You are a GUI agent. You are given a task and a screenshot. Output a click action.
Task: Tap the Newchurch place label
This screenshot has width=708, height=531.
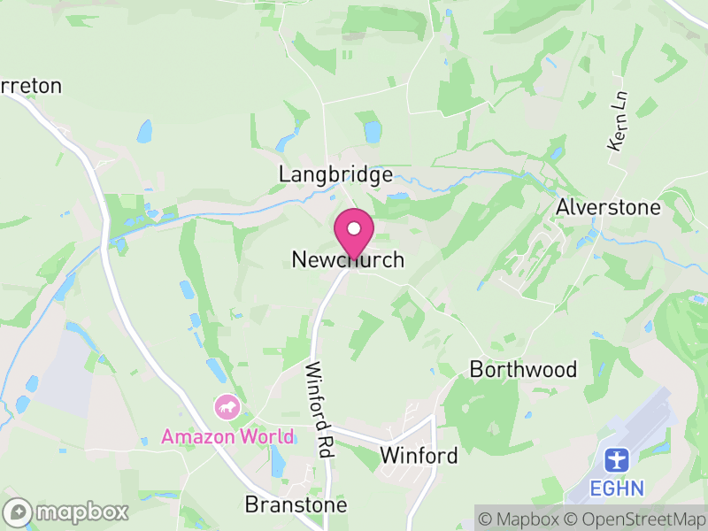(x=348, y=260)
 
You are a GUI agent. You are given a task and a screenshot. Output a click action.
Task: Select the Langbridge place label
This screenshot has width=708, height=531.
(x=335, y=174)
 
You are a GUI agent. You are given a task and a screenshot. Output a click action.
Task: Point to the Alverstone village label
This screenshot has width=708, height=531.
(x=608, y=207)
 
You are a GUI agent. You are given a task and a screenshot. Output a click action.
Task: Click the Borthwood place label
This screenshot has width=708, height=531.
(x=523, y=369)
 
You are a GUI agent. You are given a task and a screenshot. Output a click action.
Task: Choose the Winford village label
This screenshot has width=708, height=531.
(x=419, y=456)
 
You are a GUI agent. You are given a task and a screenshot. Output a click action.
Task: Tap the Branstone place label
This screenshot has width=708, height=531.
(x=296, y=504)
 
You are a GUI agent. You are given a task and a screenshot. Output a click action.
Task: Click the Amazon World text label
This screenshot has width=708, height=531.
(x=227, y=436)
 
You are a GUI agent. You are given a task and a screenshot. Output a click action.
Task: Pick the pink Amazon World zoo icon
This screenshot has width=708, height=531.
(x=227, y=407)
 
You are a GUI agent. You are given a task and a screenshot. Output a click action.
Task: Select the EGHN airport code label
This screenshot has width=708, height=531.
(x=617, y=488)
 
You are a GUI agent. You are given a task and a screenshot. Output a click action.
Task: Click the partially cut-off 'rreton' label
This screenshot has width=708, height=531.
(x=31, y=86)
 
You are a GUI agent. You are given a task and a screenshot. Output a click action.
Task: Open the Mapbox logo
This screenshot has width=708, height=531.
(x=66, y=512)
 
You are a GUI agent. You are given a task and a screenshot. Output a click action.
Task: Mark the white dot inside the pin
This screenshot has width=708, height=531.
(x=354, y=229)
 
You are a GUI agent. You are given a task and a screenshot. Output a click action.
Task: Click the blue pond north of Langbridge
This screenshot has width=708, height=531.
(x=373, y=133)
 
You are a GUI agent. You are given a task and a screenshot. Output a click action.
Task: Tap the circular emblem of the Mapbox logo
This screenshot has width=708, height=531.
(x=18, y=512)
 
